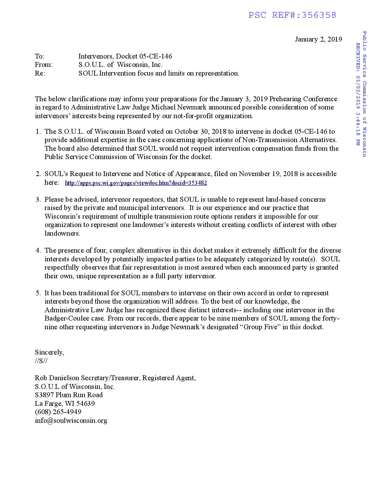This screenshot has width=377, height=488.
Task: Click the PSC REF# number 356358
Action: [319, 15]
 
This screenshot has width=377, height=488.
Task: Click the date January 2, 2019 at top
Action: [318, 39]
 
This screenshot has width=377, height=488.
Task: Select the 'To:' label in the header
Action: [40, 56]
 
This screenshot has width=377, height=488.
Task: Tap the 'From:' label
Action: [44, 65]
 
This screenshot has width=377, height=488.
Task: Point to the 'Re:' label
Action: [40, 73]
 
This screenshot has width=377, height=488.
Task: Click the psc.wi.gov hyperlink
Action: [136, 183]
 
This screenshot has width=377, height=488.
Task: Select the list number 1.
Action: [38, 131]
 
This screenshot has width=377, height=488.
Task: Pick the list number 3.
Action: [38, 199]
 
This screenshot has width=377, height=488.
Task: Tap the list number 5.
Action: [38, 293]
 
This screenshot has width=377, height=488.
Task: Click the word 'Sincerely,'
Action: [49, 352]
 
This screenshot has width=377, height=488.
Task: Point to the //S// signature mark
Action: [41, 361]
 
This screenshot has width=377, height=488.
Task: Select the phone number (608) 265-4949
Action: [58, 412]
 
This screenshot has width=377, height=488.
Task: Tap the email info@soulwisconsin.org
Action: [71, 420]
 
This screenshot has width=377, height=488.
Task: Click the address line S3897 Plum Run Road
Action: [69, 395]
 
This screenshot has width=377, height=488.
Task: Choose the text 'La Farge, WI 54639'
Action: [64, 403]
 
